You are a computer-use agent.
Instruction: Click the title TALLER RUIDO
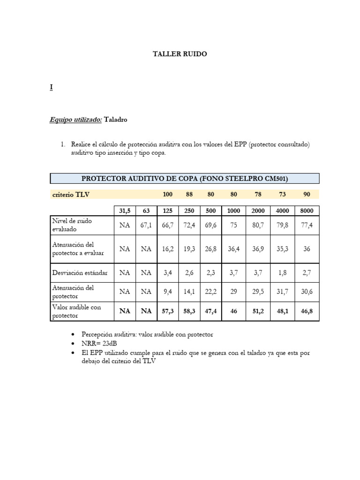point(180,54)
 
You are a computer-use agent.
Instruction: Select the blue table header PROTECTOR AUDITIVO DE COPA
point(184,178)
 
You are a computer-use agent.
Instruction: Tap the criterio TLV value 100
point(167,194)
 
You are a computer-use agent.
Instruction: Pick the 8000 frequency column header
point(307,211)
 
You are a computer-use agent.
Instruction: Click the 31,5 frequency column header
point(124,211)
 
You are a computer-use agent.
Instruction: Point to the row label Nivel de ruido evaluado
point(71,225)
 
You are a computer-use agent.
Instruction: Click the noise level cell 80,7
point(258,225)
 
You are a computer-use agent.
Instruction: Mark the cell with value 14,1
point(189,292)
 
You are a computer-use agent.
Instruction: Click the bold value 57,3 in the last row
point(167,310)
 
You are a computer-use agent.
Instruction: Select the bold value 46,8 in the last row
point(307,310)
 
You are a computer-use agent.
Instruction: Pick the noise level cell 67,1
point(146,225)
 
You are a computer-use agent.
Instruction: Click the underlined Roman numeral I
point(51,87)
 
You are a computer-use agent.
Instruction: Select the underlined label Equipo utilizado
point(75,120)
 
